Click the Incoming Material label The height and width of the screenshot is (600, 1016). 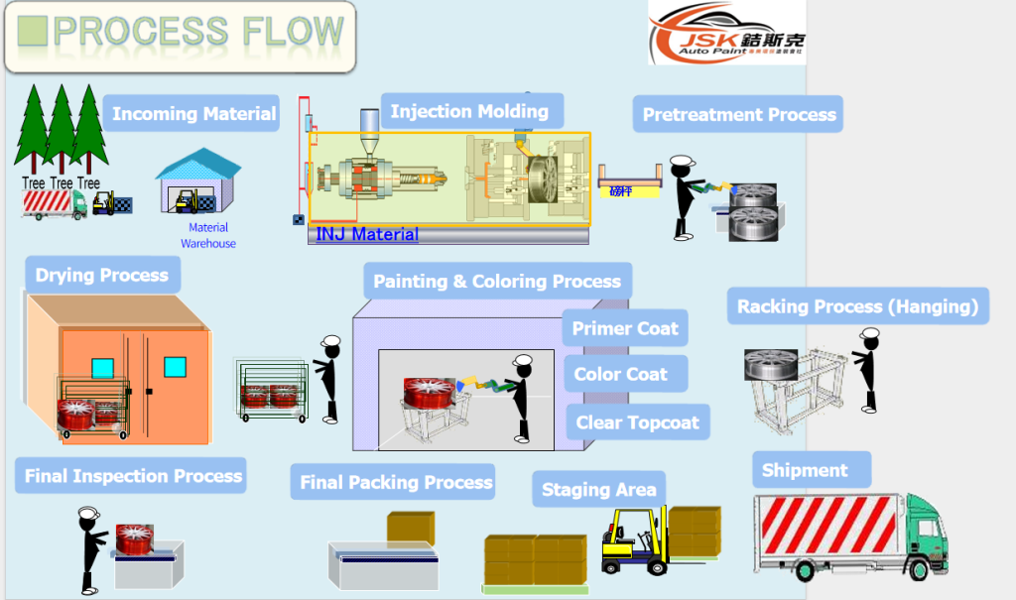coord(193,114)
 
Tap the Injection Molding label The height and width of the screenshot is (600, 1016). coord(469,111)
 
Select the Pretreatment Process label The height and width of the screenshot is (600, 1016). coord(739,115)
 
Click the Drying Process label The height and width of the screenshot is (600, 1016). coord(102,275)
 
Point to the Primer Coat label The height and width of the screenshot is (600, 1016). coord(625,328)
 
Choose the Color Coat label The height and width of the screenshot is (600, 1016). coord(621,374)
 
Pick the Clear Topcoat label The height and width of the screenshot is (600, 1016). coord(637,422)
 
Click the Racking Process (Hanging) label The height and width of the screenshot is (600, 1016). coord(857,306)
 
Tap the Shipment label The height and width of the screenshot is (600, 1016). coord(805,470)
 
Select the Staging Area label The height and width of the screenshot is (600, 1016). coord(598,489)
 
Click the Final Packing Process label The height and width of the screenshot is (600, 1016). coord(396,483)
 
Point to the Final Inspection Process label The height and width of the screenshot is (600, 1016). coord(133,476)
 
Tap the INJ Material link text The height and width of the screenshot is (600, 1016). coord(367,235)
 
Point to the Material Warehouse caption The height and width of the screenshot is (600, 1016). coord(208,236)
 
